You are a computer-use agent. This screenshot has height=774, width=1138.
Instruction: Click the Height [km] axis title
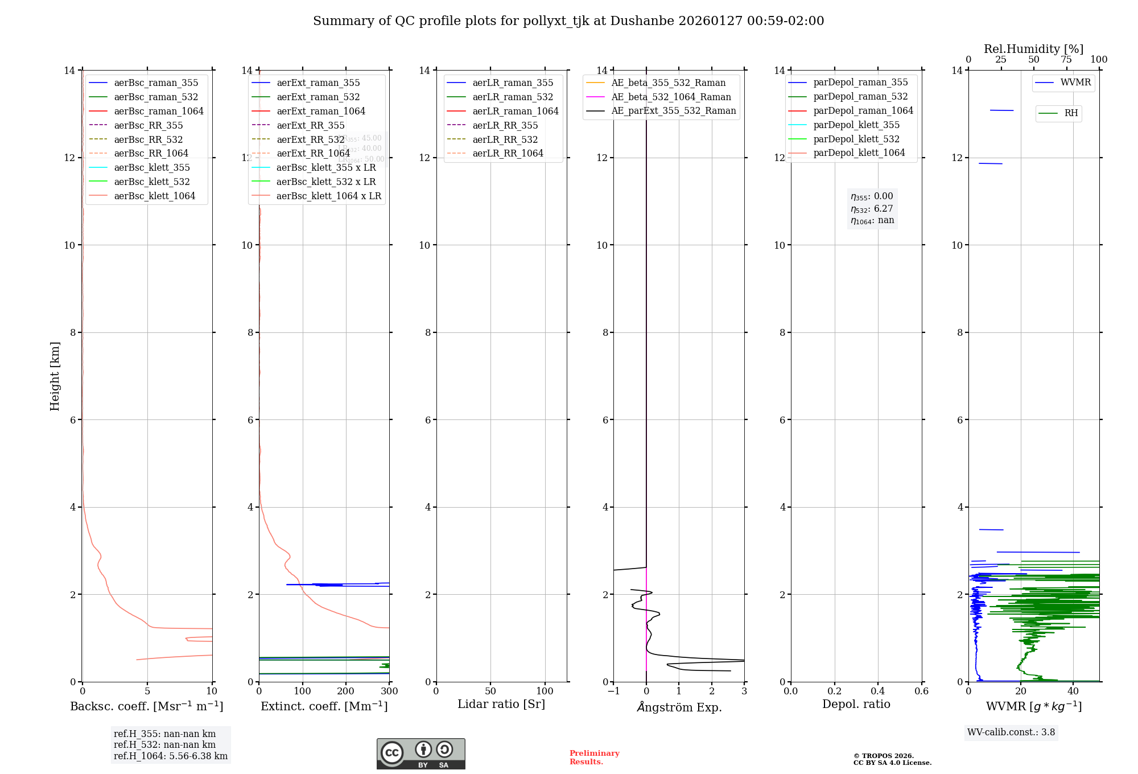(x=55, y=376)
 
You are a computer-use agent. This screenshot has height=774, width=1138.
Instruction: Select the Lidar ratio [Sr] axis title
(x=501, y=704)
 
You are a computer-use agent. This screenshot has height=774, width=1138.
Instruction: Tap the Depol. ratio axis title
(x=856, y=704)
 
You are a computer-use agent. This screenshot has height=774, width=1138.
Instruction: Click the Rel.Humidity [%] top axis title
(x=1033, y=49)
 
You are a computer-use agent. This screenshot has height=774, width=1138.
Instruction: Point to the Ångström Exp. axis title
(x=679, y=707)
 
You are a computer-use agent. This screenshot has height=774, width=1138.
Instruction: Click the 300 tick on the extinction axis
(x=389, y=691)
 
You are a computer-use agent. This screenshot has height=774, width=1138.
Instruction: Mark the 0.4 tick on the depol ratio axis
(x=878, y=691)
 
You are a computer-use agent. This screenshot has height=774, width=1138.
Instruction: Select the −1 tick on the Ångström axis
(x=613, y=691)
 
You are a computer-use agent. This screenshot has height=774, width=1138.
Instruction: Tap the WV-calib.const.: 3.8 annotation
(x=1011, y=732)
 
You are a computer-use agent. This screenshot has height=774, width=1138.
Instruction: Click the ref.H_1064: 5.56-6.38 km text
(x=171, y=756)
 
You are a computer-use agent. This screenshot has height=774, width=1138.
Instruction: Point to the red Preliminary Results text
(x=594, y=757)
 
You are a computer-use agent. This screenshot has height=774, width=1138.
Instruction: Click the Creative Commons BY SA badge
(x=420, y=754)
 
